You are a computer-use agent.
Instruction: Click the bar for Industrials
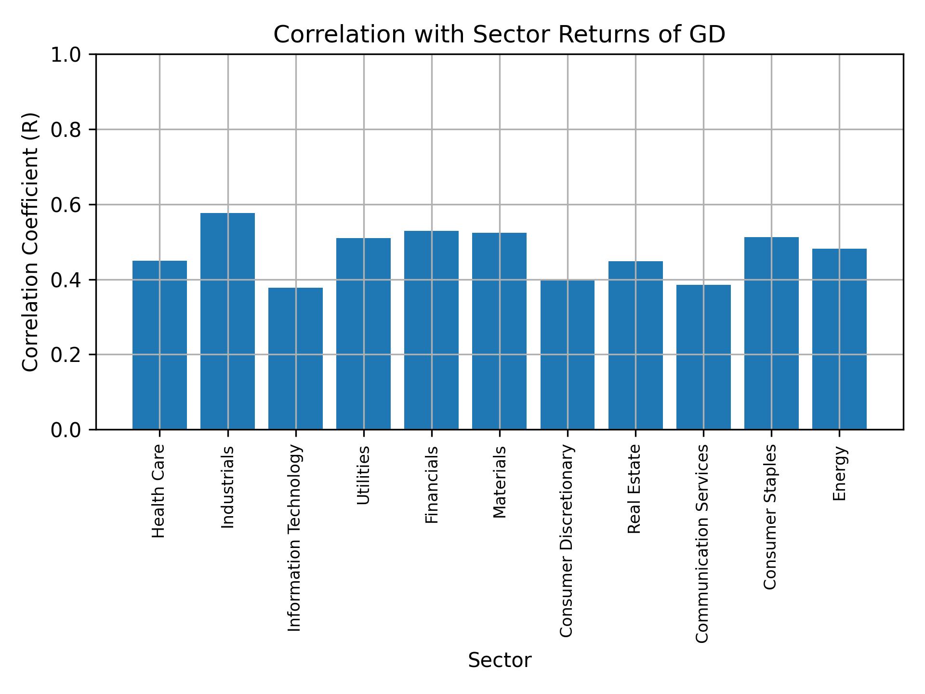pyautogui.click(x=227, y=321)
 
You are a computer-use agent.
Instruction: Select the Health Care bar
pyautogui.click(x=159, y=345)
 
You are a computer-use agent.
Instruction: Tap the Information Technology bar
pyautogui.click(x=295, y=359)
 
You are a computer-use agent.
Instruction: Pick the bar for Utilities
pyautogui.click(x=363, y=334)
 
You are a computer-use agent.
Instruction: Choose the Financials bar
pyautogui.click(x=431, y=330)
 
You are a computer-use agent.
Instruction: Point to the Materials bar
pyautogui.click(x=499, y=331)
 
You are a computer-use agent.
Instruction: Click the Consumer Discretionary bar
pyautogui.click(x=567, y=355)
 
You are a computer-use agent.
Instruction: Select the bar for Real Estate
pyautogui.click(x=635, y=345)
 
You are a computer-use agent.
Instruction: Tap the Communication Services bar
pyautogui.click(x=703, y=357)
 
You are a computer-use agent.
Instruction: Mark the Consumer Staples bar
pyautogui.click(x=771, y=333)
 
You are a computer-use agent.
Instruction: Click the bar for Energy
pyautogui.click(x=839, y=339)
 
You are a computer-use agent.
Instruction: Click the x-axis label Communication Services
pyautogui.click(x=702, y=543)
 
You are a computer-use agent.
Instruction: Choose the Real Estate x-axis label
pyautogui.click(x=634, y=489)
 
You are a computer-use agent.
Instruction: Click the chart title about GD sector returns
pyautogui.click(x=499, y=35)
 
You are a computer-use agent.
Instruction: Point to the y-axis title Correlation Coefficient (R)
pyautogui.click(x=30, y=242)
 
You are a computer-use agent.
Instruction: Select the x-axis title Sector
pyautogui.click(x=500, y=660)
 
